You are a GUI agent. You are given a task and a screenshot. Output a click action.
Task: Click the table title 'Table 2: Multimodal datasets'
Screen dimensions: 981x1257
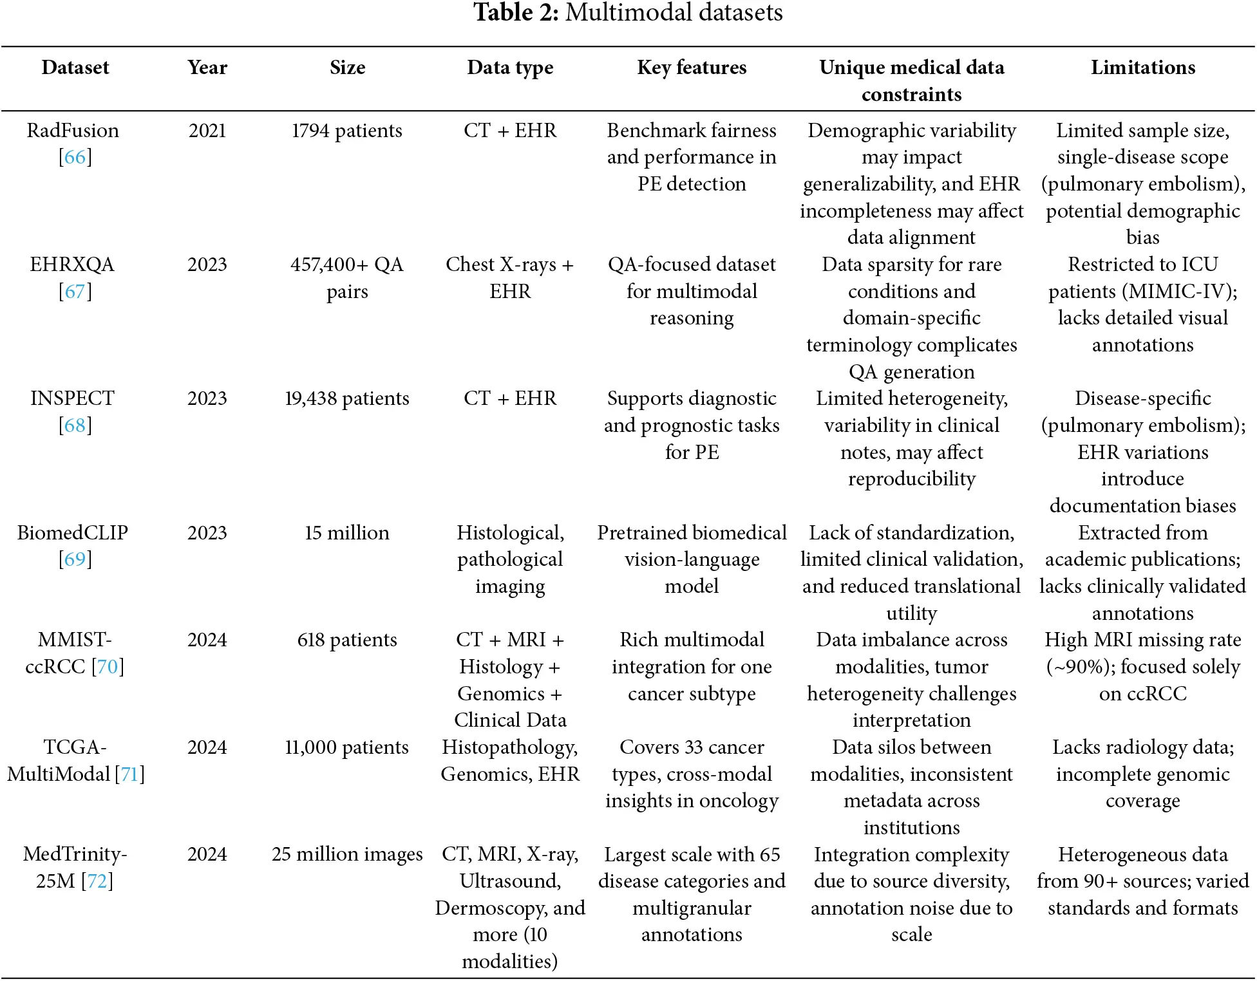click(x=628, y=13)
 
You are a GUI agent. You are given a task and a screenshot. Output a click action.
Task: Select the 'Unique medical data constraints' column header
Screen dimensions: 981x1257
click(x=911, y=80)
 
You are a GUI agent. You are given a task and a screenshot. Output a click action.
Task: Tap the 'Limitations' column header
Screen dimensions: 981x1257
click(x=1142, y=68)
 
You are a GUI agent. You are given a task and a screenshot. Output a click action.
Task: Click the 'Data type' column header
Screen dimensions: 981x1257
click(x=510, y=68)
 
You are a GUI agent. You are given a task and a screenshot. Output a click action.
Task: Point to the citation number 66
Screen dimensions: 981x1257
click(x=75, y=157)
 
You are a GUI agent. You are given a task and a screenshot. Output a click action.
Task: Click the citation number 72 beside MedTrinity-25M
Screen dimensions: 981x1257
click(x=97, y=881)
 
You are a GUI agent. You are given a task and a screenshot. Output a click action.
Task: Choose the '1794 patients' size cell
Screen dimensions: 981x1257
click(x=346, y=131)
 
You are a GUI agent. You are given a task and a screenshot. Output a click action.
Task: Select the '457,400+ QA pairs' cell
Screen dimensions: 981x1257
click(x=346, y=277)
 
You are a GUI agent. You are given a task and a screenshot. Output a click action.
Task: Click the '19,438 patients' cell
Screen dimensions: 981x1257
click(x=346, y=398)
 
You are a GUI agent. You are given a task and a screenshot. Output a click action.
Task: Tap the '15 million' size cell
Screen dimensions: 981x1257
click(x=346, y=533)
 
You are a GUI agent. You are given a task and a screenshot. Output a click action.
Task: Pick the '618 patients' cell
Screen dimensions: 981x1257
click(x=346, y=640)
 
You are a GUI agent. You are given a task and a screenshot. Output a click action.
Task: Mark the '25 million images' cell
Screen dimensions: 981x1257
click(x=346, y=854)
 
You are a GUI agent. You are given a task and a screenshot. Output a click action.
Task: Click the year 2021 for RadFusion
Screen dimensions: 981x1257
click(x=207, y=131)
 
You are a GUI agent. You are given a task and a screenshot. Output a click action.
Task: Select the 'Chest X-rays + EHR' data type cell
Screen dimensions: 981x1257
click(x=510, y=277)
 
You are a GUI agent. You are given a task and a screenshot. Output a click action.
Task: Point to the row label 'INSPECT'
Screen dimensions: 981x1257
click(x=72, y=398)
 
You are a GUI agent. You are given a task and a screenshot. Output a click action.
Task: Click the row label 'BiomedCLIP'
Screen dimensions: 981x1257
click(x=72, y=533)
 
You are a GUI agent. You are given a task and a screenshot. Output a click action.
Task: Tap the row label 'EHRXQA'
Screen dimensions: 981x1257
click(x=72, y=265)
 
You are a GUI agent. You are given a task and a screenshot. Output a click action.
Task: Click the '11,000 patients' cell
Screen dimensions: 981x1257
click(x=346, y=747)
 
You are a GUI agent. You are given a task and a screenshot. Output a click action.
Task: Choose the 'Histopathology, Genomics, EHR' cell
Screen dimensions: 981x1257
click(x=510, y=760)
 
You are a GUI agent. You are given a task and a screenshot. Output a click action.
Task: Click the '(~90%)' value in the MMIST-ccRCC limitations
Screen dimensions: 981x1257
click(x=1081, y=667)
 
